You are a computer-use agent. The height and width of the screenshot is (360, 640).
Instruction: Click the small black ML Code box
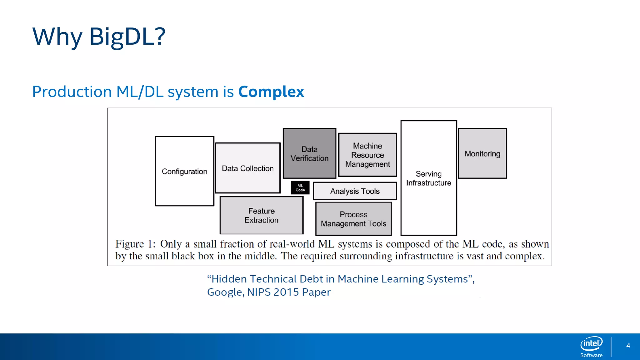point(300,188)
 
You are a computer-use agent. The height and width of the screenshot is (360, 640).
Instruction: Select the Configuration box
point(184,171)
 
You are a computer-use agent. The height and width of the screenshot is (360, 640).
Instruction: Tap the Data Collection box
point(247,168)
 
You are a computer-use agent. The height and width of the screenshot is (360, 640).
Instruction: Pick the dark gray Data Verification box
point(309,153)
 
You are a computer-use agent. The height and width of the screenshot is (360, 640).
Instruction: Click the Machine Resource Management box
point(367,155)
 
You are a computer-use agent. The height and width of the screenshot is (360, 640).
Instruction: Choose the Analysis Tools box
point(355,191)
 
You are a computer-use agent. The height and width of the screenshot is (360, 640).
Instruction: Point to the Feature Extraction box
point(261,215)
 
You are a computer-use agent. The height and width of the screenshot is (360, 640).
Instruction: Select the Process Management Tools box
point(353,219)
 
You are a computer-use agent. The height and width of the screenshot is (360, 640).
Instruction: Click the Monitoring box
point(482,153)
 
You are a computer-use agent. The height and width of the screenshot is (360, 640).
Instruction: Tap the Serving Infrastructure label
point(428,178)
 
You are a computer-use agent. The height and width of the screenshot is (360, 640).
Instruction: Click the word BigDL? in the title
point(127,37)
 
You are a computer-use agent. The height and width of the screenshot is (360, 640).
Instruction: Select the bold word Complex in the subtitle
point(271,92)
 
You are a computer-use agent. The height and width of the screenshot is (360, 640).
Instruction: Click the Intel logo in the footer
point(591,343)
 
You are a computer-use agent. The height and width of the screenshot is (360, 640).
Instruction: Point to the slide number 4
point(628,346)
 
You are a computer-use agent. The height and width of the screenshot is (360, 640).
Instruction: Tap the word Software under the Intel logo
point(591,355)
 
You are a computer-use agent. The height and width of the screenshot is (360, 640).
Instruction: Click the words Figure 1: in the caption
point(135,244)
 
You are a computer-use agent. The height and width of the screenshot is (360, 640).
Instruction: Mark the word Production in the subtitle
point(72,92)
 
